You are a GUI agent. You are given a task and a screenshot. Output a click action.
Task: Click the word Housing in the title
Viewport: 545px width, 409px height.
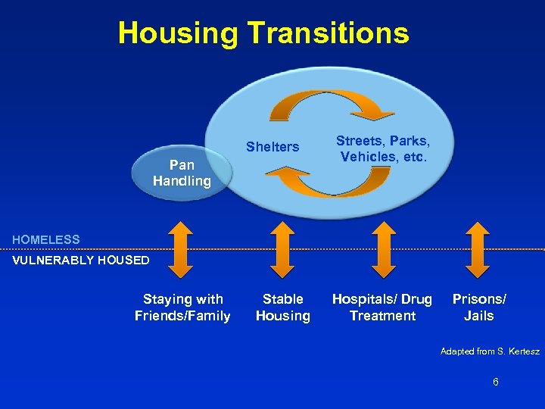coord(177,33)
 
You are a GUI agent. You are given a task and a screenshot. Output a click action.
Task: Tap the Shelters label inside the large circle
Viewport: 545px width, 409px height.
coord(272,147)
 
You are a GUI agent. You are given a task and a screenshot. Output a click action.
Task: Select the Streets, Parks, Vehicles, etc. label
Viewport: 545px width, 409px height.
coord(384,148)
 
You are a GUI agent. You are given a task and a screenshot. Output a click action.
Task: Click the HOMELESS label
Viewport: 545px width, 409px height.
coord(45,240)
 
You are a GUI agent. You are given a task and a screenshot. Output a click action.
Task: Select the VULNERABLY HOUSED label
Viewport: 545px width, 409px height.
coord(80,261)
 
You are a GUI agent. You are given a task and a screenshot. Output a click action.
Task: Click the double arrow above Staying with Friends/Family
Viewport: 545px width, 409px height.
coord(180,249)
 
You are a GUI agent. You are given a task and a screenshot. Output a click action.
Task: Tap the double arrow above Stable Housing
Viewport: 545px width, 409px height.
coord(282,249)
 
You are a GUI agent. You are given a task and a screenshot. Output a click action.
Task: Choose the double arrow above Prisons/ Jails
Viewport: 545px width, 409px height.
coord(478,249)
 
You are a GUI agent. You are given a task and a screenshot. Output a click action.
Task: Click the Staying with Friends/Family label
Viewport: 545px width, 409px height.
coord(182,308)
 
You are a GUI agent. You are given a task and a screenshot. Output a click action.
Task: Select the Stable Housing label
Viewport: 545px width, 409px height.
coord(282,308)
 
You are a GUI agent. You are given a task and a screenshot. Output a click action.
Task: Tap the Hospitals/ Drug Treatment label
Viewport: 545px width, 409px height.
coord(382,308)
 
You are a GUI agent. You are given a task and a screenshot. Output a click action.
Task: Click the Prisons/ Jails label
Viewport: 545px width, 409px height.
coord(478,308)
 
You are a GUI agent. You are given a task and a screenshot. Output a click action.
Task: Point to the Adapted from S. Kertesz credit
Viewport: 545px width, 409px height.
coord(490,351)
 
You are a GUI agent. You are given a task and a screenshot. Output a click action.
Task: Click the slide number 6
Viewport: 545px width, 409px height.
coord(496,382)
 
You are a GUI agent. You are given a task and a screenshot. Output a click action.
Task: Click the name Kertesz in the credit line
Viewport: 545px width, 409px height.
coord(522,351)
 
